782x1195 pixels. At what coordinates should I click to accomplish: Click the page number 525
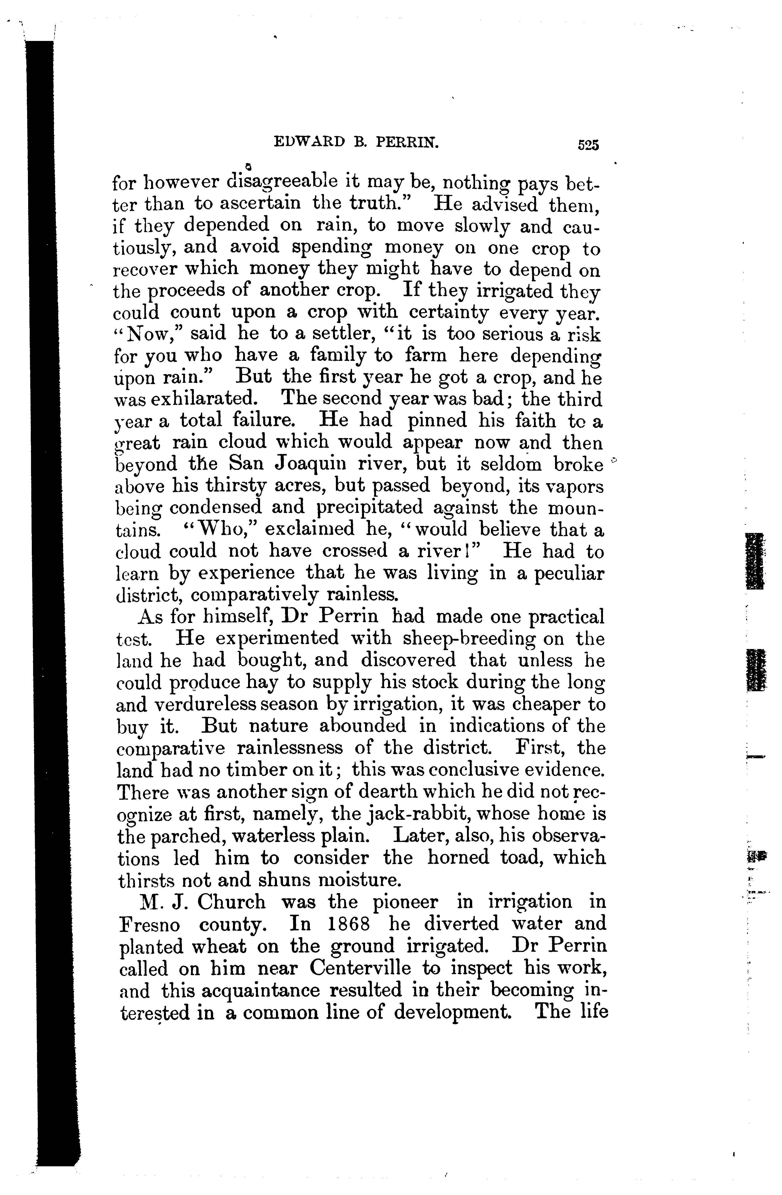click(x=588, y=145)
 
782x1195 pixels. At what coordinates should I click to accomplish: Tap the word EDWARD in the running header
click(x=310, y=143)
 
